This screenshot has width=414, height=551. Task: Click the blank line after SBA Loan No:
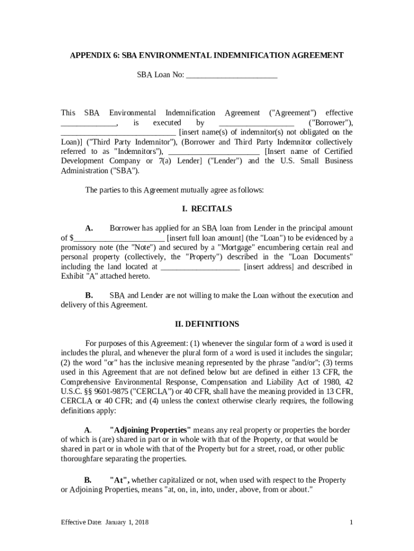tap(231, 75)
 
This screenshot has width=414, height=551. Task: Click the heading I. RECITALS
tap(207, 209)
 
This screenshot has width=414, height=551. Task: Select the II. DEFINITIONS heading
tap(207, 324)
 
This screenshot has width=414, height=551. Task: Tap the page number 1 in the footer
tap(351, 522)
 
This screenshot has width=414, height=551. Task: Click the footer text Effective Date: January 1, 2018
tap(105, 522)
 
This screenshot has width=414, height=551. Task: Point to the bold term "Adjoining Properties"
tap(150, 430)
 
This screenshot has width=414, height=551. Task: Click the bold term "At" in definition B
tap(119, 480)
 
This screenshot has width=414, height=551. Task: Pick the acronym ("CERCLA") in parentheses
tap(159, 391)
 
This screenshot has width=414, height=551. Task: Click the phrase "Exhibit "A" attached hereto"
tap(105, 276)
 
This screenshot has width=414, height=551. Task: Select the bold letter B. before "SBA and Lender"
tap(89, 295)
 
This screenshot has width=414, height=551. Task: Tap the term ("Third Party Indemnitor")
tap(131, 142)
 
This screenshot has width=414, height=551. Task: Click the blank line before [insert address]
tap(200, 266)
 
